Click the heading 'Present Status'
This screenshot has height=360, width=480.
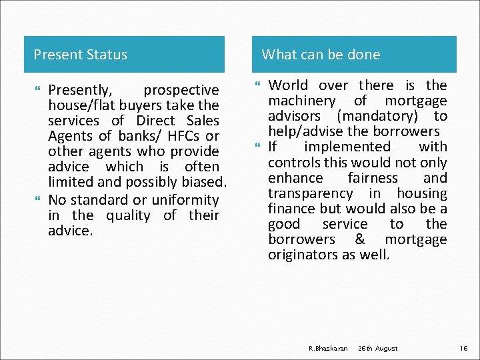point(80,55)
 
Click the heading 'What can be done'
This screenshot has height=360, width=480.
point(321,55)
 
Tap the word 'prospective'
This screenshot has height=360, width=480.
point(181,90)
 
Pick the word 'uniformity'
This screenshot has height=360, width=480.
point(185,200)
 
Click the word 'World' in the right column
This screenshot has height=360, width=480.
point(289,85)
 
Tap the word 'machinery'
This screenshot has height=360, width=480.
point(302,101)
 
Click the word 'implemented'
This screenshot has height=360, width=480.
point(347,147)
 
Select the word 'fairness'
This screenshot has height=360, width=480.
point(373,178)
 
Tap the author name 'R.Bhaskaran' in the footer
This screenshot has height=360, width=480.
point(329,349)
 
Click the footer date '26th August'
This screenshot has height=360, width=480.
point(377,349)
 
